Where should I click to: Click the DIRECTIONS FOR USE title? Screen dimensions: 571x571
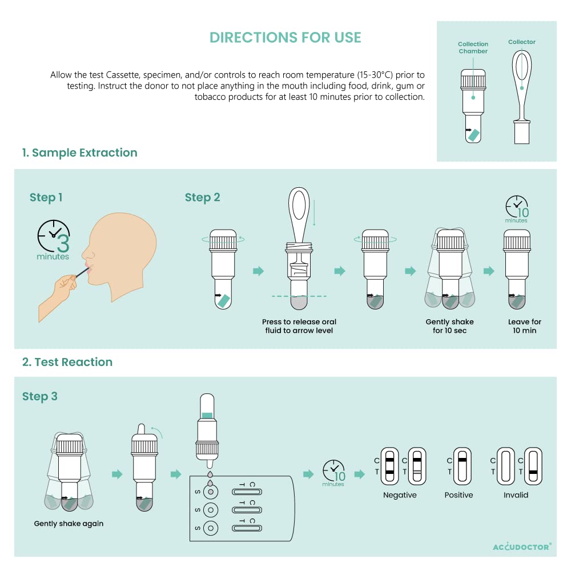[x=285, y=38]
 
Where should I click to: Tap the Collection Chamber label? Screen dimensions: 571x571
[x=473, y=48]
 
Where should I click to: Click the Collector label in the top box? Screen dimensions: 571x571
[x=522, y=42]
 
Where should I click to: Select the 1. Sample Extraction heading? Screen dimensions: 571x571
[x=79, y=152]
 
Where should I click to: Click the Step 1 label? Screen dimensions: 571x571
[x=46, y=198]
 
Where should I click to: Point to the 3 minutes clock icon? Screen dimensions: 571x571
[x=54, y=240]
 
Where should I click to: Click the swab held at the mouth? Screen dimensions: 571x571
[x=83, y=272]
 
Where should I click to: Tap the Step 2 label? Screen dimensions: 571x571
[x=203, y=198]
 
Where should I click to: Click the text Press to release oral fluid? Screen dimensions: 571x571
[x=299, y=321]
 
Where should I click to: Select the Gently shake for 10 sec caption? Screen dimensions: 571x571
[x=450, y=326]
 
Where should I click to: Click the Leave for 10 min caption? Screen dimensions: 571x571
[x=525, y=326]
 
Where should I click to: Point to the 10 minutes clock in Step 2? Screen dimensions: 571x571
[x=517, y=209]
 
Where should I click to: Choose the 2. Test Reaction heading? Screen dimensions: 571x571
[x=67, y=362]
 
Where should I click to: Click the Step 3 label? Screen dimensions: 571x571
[x=40, y=396]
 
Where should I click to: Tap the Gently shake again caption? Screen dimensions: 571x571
[x=69, y=524]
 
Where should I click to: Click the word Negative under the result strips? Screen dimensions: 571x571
[x=400, y=495]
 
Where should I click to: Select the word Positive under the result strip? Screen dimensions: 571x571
[x=459, y=495]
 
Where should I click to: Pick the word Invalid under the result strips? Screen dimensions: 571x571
[x=516, y=495]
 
